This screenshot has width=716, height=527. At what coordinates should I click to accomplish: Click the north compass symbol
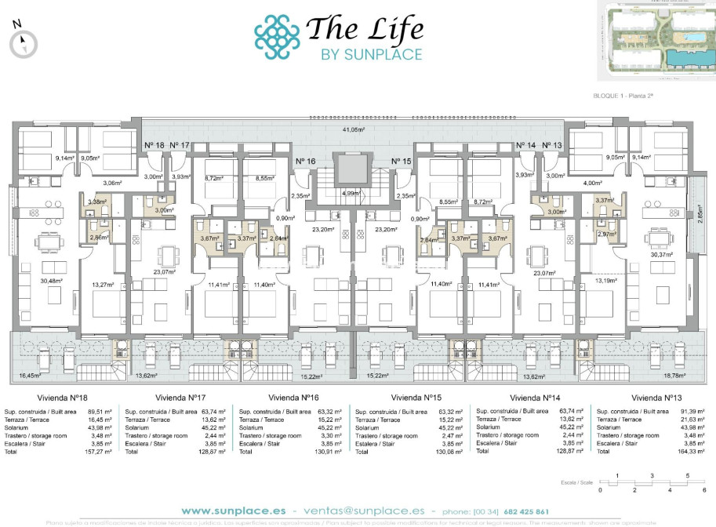(x=24, y=42)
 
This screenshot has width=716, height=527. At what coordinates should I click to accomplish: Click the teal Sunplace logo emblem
(x=277, y=36)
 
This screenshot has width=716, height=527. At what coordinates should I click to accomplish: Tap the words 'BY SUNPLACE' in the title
(x=372, y=54)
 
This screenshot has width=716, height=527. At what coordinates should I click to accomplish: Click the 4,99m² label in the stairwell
(x=351, y=193)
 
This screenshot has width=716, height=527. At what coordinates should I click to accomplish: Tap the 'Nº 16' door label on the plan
(x=306, y=162)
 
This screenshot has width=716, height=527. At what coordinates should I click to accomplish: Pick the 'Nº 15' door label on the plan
(x=402, y=162)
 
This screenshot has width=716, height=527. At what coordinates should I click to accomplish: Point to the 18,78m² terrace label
(x=674, y=376)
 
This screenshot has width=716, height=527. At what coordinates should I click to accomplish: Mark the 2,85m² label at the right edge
(x=701, y=217)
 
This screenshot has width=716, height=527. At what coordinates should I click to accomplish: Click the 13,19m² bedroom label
(x=605, y=279)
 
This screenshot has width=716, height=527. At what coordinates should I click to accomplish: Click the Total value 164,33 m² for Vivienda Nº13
(x=692, y=452)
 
